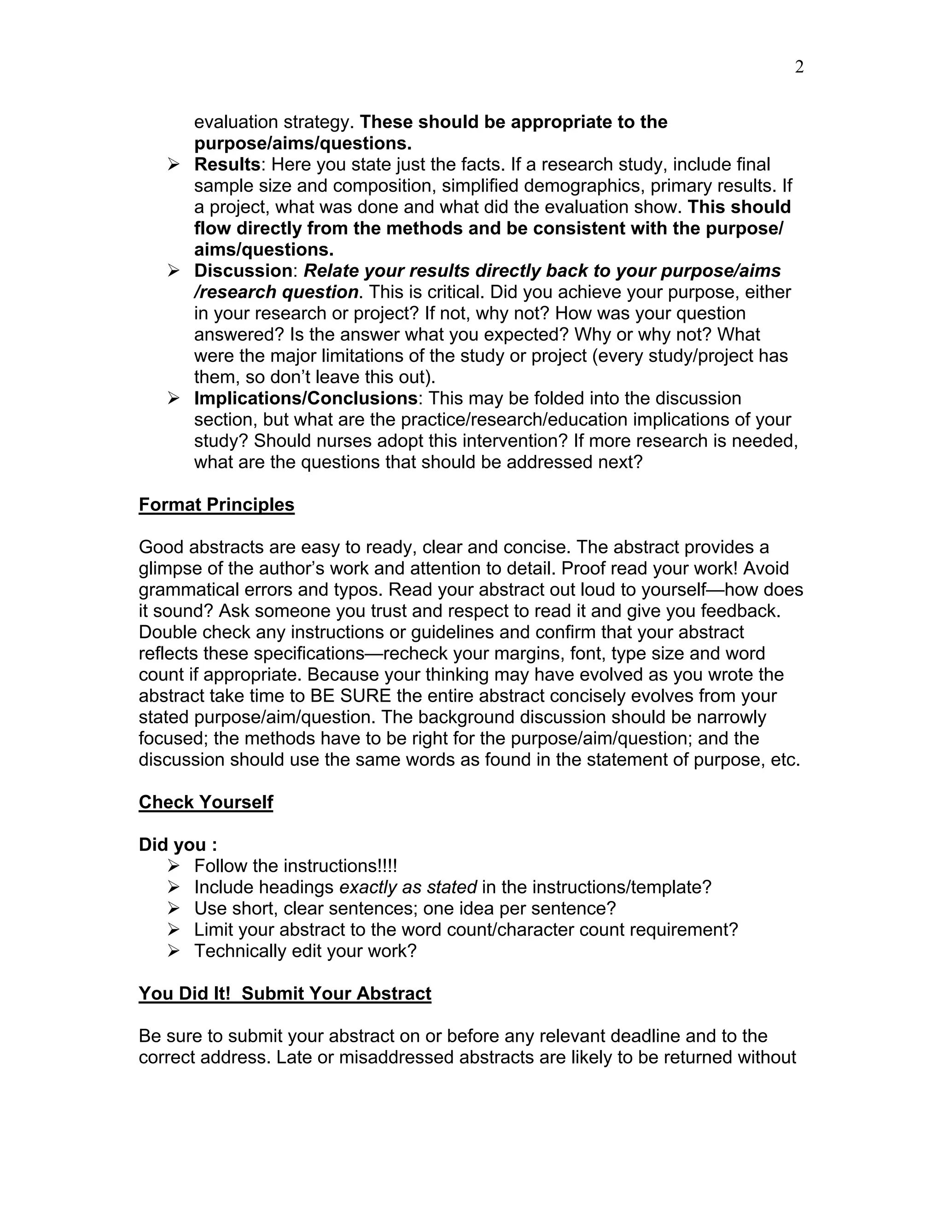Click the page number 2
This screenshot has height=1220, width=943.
pos(799,67)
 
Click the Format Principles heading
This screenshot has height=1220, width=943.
pos(216,505)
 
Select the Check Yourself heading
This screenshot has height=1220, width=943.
pos(205,802)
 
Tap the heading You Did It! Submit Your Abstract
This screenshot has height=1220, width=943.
pos(285,993)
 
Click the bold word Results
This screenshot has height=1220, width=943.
pos(227,164)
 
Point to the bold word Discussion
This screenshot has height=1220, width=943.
pos(243,270)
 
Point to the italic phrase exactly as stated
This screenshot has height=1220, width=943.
pos(408,887)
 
